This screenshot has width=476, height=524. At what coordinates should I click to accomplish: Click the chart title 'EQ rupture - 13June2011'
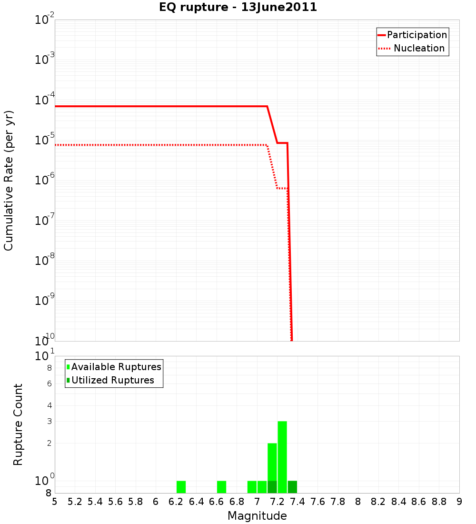coord(238,7)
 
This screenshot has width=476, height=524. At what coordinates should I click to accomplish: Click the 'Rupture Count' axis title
coord(18,424)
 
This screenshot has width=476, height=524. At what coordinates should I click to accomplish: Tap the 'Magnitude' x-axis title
coord(257,515)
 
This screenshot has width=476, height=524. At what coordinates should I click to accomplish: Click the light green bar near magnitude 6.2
coord(181,487)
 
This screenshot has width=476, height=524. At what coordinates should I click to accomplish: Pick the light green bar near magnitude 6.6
coord(221,487)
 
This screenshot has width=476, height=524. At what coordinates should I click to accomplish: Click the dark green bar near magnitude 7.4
coord(292,487)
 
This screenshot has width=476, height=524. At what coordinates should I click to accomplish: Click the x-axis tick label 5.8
coord(136,502)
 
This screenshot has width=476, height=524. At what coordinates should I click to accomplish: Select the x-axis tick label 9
coord(459,502)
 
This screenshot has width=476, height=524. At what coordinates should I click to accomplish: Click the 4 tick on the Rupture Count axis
coord(49,405)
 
